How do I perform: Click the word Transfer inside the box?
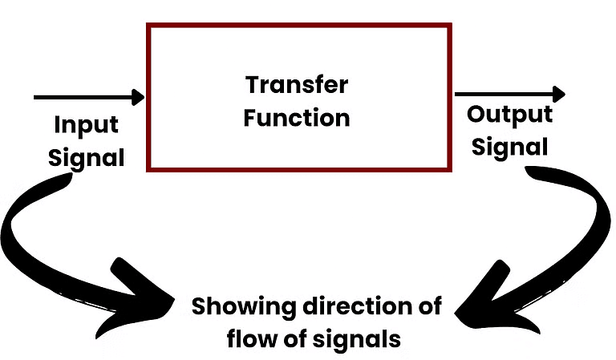click(297, 84)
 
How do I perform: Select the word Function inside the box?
click(297, 119)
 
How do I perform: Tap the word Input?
click(86, 126)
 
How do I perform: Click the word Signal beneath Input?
click(86, 157)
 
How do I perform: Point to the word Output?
click(509, 114)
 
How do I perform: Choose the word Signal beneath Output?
click(509, 147)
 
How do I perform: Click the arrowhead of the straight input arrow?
click(140, 97)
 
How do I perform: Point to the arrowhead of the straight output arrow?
click(558, 94)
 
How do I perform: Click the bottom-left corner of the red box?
click(148, 168)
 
